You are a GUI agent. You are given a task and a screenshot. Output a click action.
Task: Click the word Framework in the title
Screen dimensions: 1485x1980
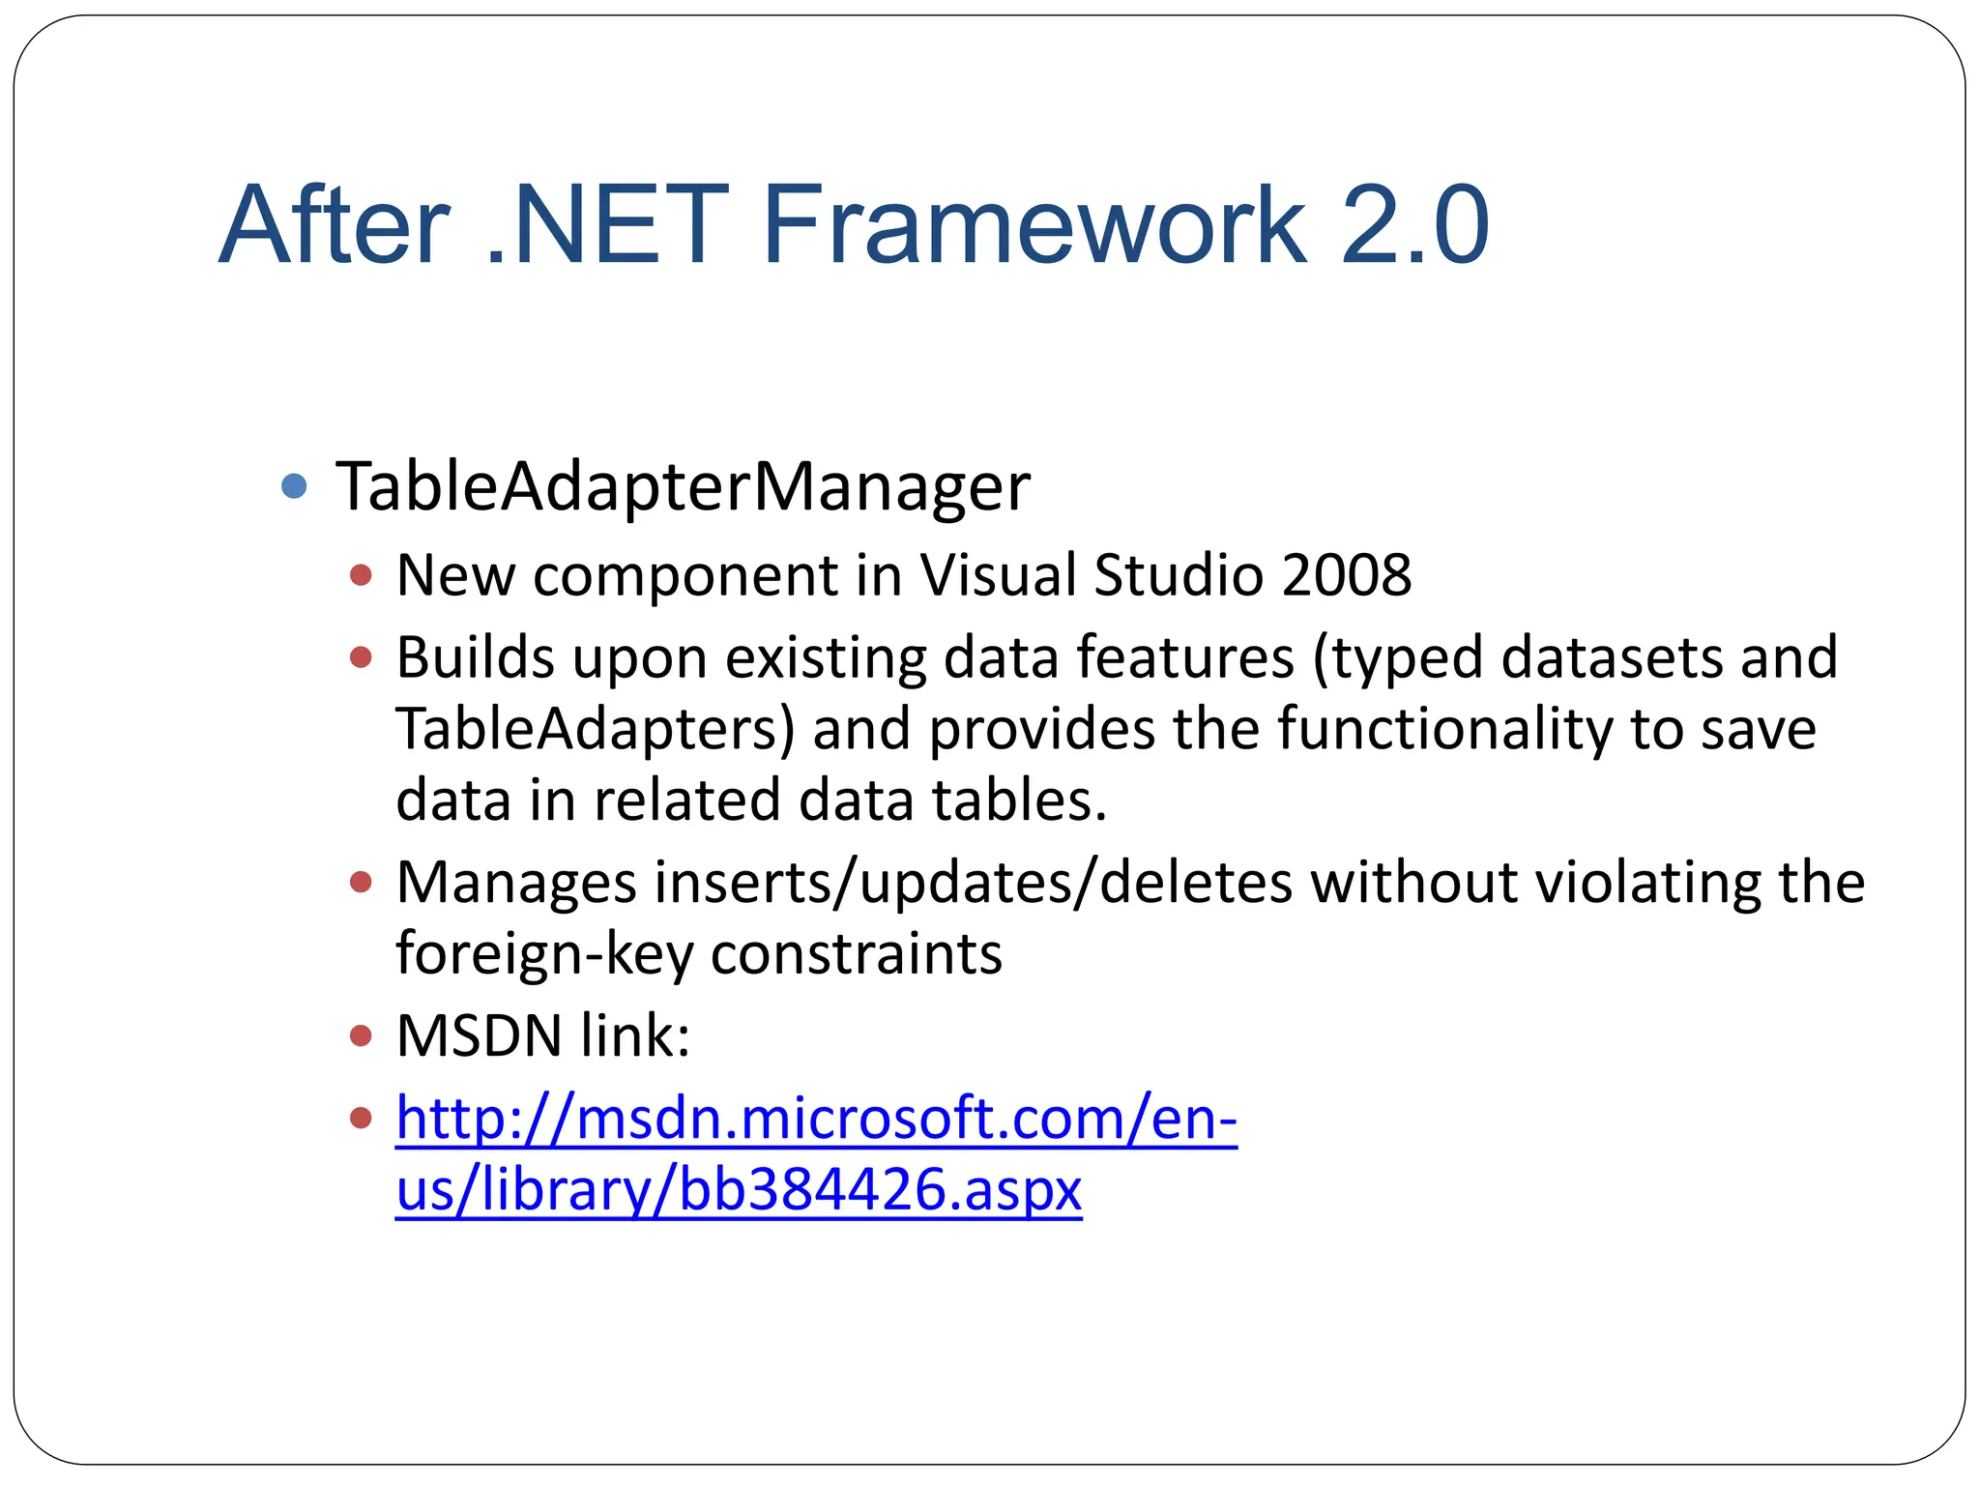[x=1034, y=225]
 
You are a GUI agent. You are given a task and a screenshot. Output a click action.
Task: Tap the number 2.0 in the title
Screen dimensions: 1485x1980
[x=1414, y=225]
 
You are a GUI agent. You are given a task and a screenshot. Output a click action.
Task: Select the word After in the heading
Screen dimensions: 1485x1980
[x=335, y=225]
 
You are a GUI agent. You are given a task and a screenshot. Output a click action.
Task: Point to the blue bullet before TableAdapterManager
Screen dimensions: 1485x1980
[x=294, y=485]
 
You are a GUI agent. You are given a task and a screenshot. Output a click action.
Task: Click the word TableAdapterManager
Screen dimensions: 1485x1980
[x=683, y=486]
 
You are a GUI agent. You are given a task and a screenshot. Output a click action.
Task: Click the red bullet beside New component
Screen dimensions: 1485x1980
[x=361, y=576]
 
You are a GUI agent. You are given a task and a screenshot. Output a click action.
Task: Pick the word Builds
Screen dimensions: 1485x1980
[x=475, y=657]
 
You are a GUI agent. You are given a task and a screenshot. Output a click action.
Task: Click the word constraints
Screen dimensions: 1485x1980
[x=856, y=954]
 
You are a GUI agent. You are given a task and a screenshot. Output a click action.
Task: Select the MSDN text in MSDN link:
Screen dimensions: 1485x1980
[x=480, y=1036]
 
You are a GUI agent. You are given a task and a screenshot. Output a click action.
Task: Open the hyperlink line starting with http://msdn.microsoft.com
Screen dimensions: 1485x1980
[x=816, y=1119]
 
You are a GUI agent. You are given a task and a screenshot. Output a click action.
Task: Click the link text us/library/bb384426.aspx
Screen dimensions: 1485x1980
[x=739, y=1190]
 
